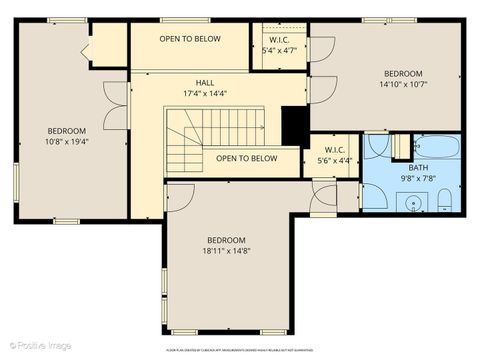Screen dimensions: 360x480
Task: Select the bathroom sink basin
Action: coord(413,204)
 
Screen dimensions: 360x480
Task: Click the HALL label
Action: coord(204,83)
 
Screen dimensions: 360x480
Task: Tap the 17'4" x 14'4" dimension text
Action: coord(204,93)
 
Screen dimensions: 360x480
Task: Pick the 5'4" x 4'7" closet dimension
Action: coord(279,49)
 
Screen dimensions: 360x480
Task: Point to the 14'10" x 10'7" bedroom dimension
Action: coord(403,84)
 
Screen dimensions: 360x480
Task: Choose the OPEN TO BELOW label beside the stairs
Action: coord(246,158)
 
